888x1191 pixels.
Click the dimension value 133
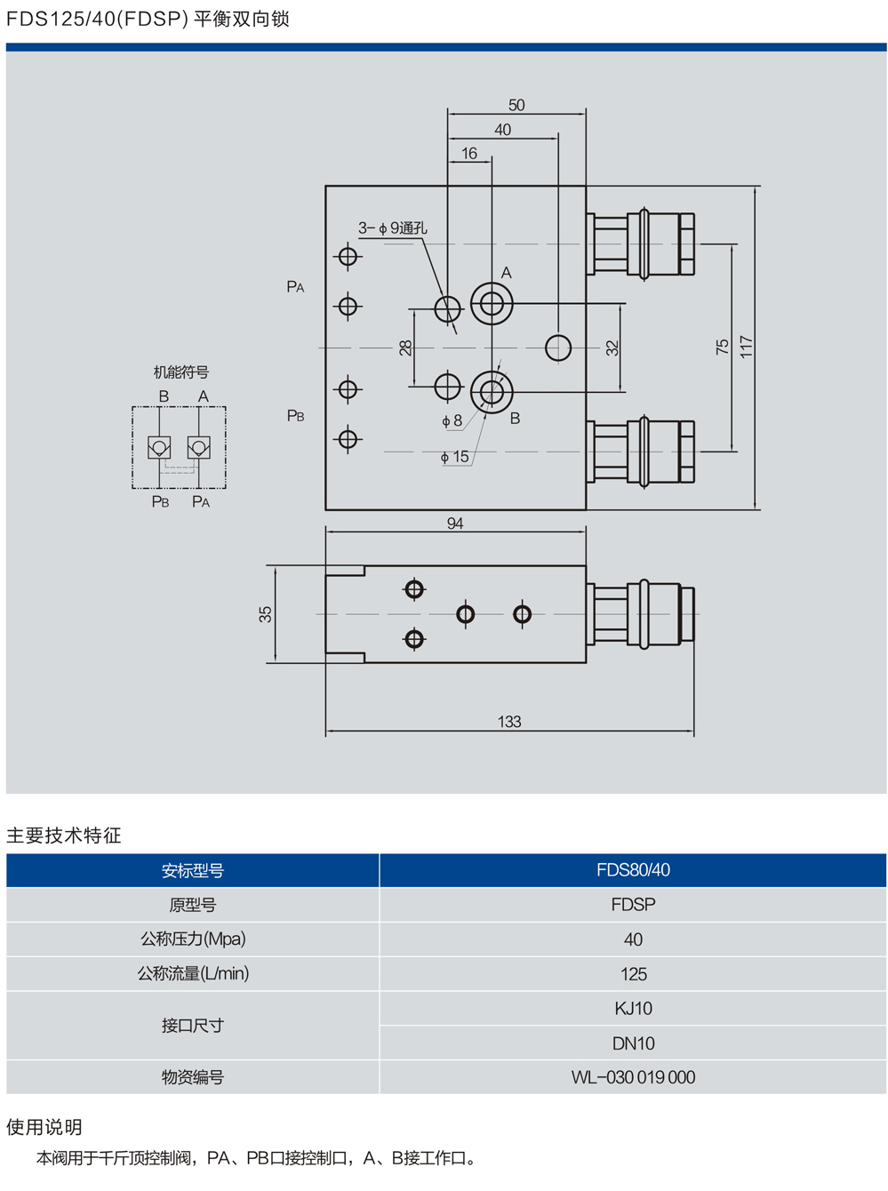(509, 722)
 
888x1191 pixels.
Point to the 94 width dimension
(455, 524)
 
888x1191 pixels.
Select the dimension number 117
(746, 347)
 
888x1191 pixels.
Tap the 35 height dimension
(265, 614)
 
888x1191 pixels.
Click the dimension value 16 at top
(469, 153)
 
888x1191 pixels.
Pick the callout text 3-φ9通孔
(393, 228)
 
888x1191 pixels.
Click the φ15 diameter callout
(455, 457)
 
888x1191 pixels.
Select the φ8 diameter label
(452, 420)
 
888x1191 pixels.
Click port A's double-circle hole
(492, 304)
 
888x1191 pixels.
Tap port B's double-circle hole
(492, 390)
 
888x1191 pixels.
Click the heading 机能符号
(181, 372)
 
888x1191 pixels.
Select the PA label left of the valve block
(295, 286)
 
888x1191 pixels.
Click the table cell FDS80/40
(633, 870)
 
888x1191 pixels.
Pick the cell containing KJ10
(633, 1009)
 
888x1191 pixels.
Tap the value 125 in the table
(633, 974)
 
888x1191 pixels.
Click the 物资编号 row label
(193, 1077)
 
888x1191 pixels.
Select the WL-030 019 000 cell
(633, 1077)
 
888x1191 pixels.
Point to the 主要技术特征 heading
(64, 835)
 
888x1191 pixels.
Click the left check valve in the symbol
(159, 447)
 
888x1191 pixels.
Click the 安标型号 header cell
(193, 870)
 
